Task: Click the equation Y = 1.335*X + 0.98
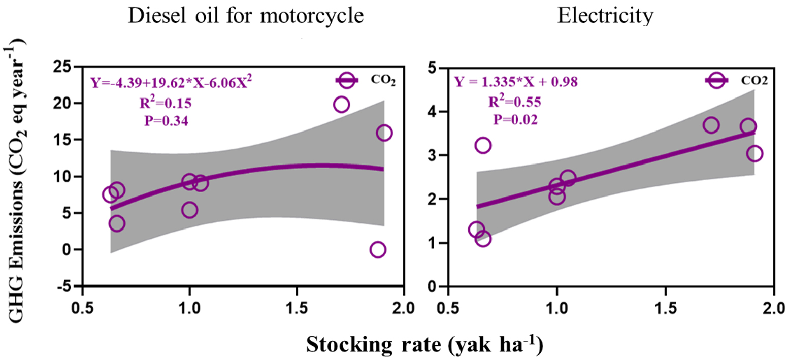pos(516,82)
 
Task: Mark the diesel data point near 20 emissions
pos(341,105)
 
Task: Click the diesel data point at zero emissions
pos(377,249)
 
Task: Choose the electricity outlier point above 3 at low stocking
pos(482,146)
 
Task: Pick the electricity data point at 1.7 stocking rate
pos(711,125)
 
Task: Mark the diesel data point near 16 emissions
pos(384,133)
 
